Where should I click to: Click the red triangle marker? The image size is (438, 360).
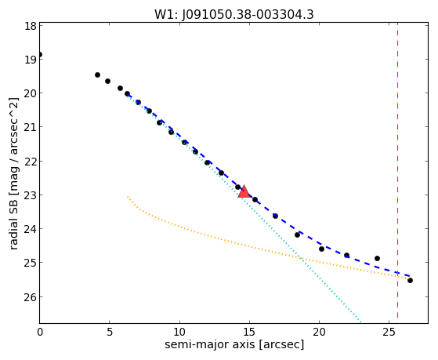point(244,191)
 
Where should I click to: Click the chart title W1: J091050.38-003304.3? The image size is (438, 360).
point(234,14)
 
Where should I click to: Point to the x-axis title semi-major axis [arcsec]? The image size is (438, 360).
point(234,344)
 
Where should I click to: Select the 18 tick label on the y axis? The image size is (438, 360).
point(31,26)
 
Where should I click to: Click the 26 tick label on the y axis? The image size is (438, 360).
point(31,297)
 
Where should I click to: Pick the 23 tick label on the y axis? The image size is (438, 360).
point(31,195)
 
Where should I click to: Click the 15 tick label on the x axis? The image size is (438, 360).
point(249,332)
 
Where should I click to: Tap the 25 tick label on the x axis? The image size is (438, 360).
point(389,332)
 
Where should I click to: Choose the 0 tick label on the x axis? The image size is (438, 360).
point(40,332)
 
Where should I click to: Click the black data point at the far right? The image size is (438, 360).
point(410,280)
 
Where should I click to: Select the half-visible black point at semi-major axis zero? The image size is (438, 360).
point(40,55)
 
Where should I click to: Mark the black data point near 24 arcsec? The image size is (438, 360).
point(377,258)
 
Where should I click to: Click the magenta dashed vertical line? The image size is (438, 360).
point(397,173)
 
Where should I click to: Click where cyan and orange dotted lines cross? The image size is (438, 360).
point(300,256)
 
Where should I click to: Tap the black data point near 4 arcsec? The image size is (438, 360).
point(97,75)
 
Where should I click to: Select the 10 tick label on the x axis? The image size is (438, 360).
point(179,332)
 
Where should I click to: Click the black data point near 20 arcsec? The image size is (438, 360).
point(321,249)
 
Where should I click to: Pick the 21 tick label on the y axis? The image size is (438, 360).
point(31,127)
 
